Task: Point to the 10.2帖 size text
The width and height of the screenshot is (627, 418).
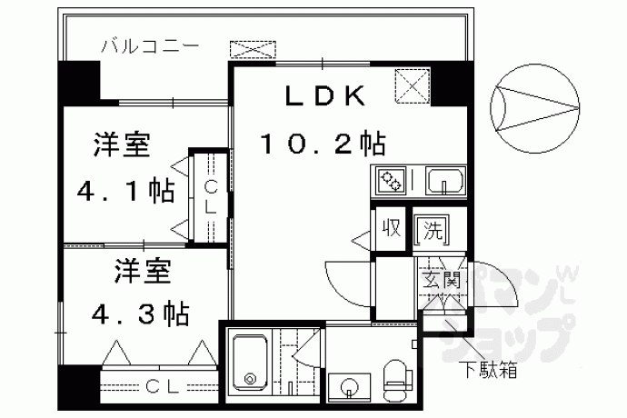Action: coord(323,144)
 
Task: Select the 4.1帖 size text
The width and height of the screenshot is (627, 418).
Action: coord(124,192)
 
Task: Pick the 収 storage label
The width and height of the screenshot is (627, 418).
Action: coord(392,228)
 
